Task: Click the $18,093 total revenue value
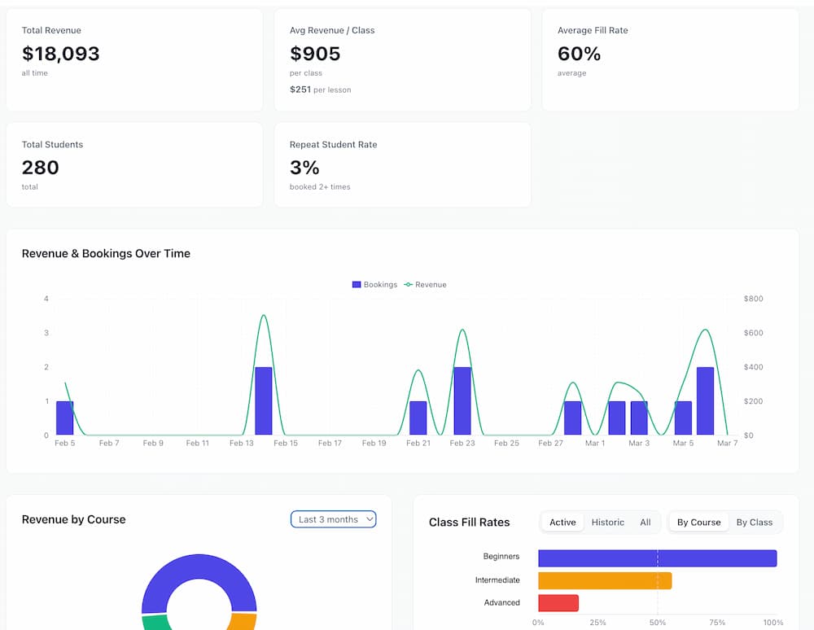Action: [61, 54]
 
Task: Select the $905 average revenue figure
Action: [315, 54]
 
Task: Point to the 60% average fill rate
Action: [579, 54]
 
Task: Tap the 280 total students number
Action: [41, 168]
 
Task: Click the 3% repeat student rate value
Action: [304, 168]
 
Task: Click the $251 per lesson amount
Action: [300, 90]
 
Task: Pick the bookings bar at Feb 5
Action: [65, 418]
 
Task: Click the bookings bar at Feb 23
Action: [462, 401]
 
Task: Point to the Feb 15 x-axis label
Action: [286, 444]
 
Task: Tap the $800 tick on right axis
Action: [753, 299]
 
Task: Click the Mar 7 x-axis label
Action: [727, 444]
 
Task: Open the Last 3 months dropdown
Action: [334, 519]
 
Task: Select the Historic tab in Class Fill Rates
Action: [607, 523]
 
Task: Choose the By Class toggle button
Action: [754, 523]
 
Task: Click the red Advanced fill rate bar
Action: [558, 603]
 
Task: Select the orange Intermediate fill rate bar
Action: [605, 580]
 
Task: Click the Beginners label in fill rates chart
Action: [501, 557]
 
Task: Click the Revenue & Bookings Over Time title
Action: [106, 253]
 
